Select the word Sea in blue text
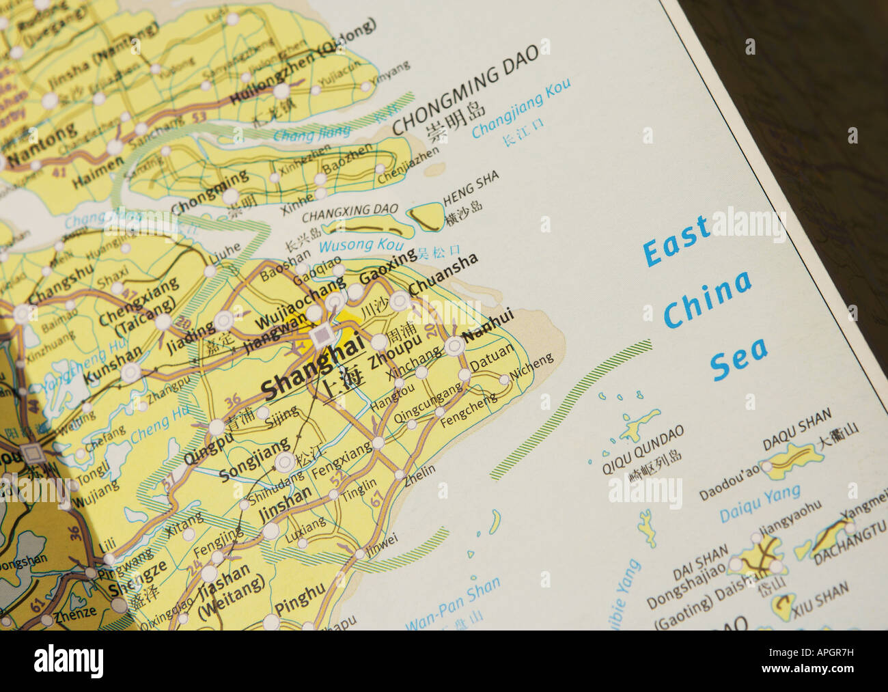point(739,357)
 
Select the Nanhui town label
point(488,327)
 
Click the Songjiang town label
point(254,459)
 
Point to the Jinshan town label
point(285,504)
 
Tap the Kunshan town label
point(112,365)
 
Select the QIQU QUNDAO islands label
point(642,449)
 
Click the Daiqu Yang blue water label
point(760,503)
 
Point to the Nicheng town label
point(532,368)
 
